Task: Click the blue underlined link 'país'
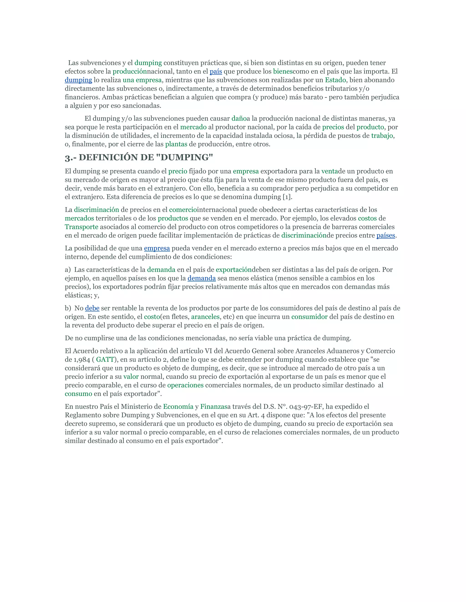(216, 72)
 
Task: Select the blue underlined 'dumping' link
(78, 80)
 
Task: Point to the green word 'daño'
(239, 119)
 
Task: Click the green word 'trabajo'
(382, 136)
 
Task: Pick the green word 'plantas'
(176, 144)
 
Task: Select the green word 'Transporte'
(81, 227)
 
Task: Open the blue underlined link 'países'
(386, 235)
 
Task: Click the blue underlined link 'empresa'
(157, 248)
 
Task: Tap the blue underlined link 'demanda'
(202, 279)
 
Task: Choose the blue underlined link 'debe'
(92, 308)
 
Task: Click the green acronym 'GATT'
(105, 360)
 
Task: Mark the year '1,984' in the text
(82, 360)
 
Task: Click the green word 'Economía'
(178, 407)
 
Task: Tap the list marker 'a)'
(68, 270)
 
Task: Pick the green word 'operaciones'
(185, 385)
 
